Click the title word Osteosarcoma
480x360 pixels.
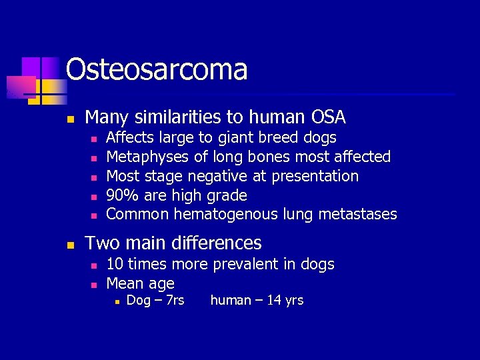157,69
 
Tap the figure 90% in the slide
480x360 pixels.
121,195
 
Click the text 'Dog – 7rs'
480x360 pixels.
155,301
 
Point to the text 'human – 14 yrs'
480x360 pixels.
257,301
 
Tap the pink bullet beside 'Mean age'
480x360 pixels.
93,285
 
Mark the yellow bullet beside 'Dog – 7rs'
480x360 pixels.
116,302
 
